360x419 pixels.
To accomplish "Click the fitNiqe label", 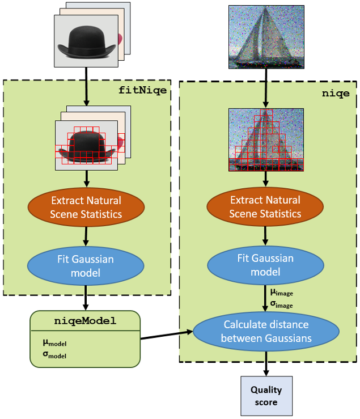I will point(143,90).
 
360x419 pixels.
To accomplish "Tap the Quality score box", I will point(266,396).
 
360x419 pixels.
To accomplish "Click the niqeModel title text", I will point(84,321).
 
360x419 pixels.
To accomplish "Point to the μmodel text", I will point(54,343).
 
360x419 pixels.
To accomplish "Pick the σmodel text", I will point(54,355).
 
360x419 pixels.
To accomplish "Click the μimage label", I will point(281,293).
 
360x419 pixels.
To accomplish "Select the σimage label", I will point(281,304).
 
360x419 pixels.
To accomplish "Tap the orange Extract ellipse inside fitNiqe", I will point(86,207).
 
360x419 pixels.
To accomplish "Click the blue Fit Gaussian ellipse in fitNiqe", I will point(86,265).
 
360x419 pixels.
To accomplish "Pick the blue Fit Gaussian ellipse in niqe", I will point(266,265).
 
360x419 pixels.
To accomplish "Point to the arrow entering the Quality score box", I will point(266,365).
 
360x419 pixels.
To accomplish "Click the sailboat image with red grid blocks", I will point(266,139).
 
